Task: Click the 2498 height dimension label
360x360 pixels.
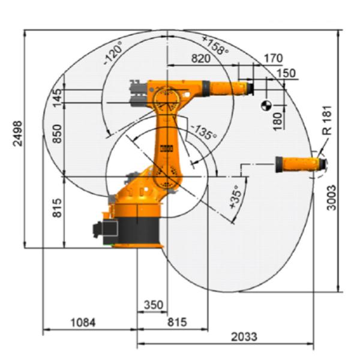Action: tap(17, 138)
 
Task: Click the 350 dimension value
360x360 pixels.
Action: tap(153, 305)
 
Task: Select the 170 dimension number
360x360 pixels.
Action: tap(272, 58)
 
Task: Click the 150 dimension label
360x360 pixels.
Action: tap(286, 73)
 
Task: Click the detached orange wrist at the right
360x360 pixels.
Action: tap(298, 164)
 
